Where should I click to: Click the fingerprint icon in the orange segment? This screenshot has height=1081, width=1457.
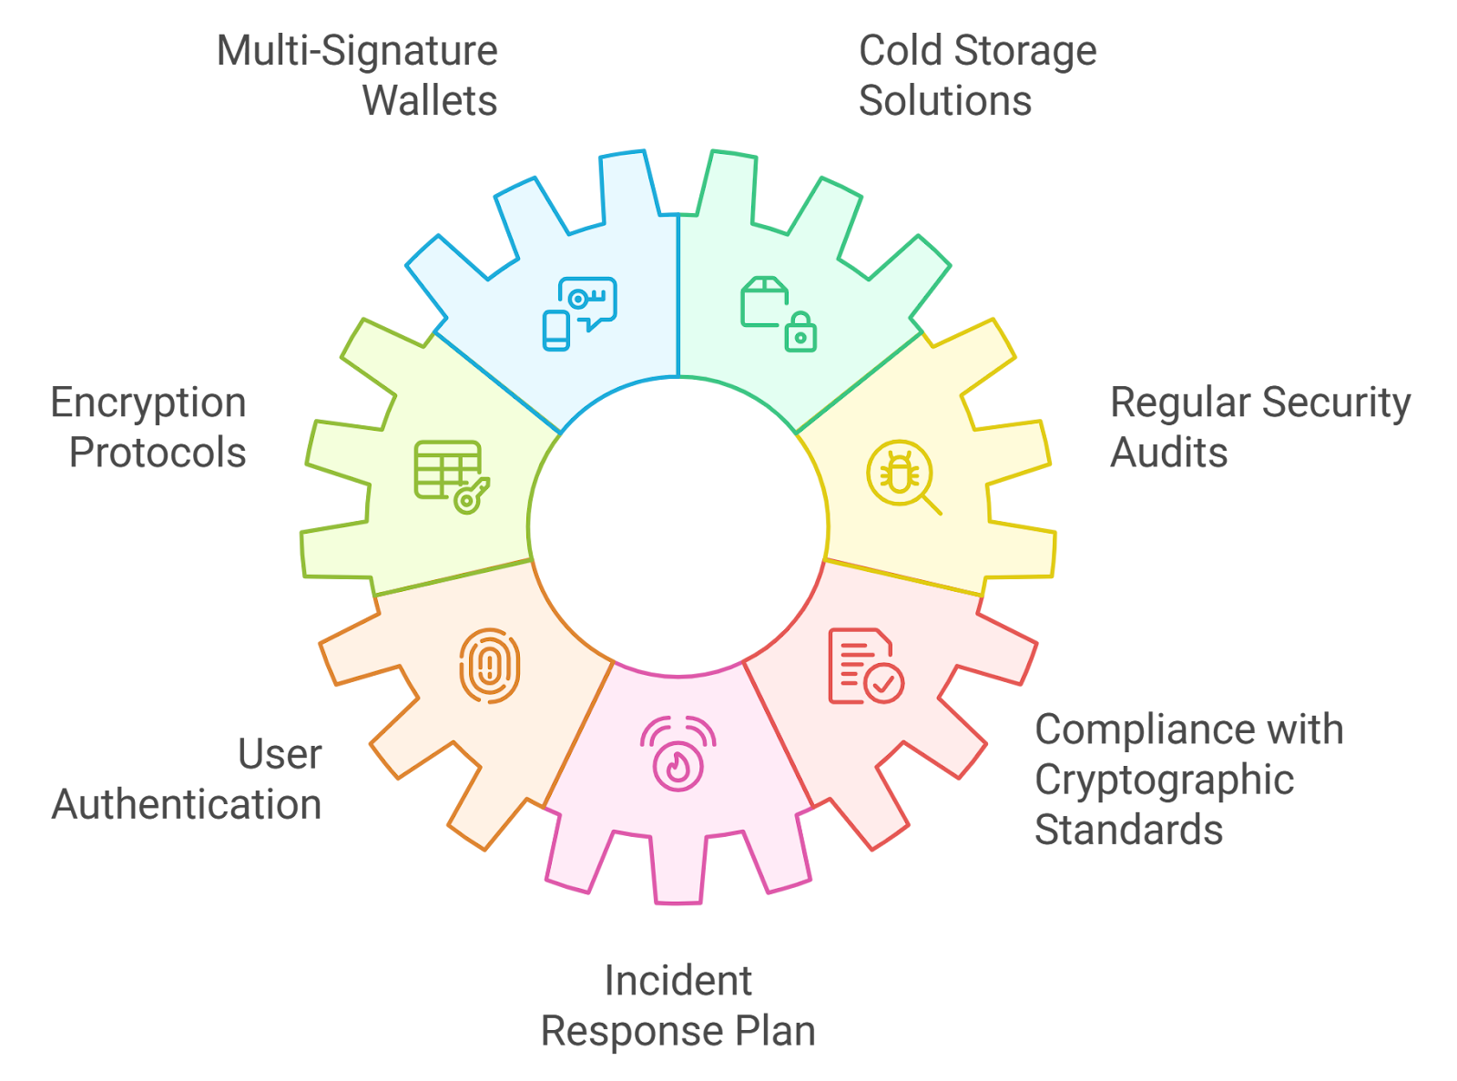point(489,666)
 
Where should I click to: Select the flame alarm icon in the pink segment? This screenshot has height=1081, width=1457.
point(678,753)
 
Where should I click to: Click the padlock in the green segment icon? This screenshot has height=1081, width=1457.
point(800,331)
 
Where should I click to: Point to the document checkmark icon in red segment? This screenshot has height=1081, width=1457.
point(866,666)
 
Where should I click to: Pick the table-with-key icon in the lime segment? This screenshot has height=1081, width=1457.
point(452,476)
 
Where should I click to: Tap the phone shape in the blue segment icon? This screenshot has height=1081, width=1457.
point(555,330)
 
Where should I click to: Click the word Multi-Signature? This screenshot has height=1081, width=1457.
point(357,51)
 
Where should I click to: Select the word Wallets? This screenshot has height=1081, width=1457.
point(430,100)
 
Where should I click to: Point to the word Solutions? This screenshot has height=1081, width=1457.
point(945,100)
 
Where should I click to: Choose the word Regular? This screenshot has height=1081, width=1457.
point(1180,403)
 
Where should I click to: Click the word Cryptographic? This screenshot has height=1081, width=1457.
point(1164,780)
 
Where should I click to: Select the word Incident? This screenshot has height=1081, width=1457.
point(678,981)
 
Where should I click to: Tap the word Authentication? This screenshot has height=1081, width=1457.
point(187,804)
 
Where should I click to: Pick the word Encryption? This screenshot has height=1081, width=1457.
point(148,403)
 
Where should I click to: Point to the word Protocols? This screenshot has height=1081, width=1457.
point(158,453)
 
